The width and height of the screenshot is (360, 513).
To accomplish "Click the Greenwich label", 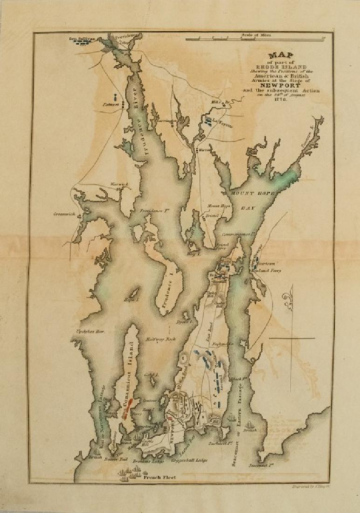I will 64,214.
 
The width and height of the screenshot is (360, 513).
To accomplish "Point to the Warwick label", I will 118,184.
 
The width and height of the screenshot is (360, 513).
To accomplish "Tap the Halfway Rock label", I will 157,339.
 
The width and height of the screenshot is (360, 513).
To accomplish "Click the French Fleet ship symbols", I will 131,473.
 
